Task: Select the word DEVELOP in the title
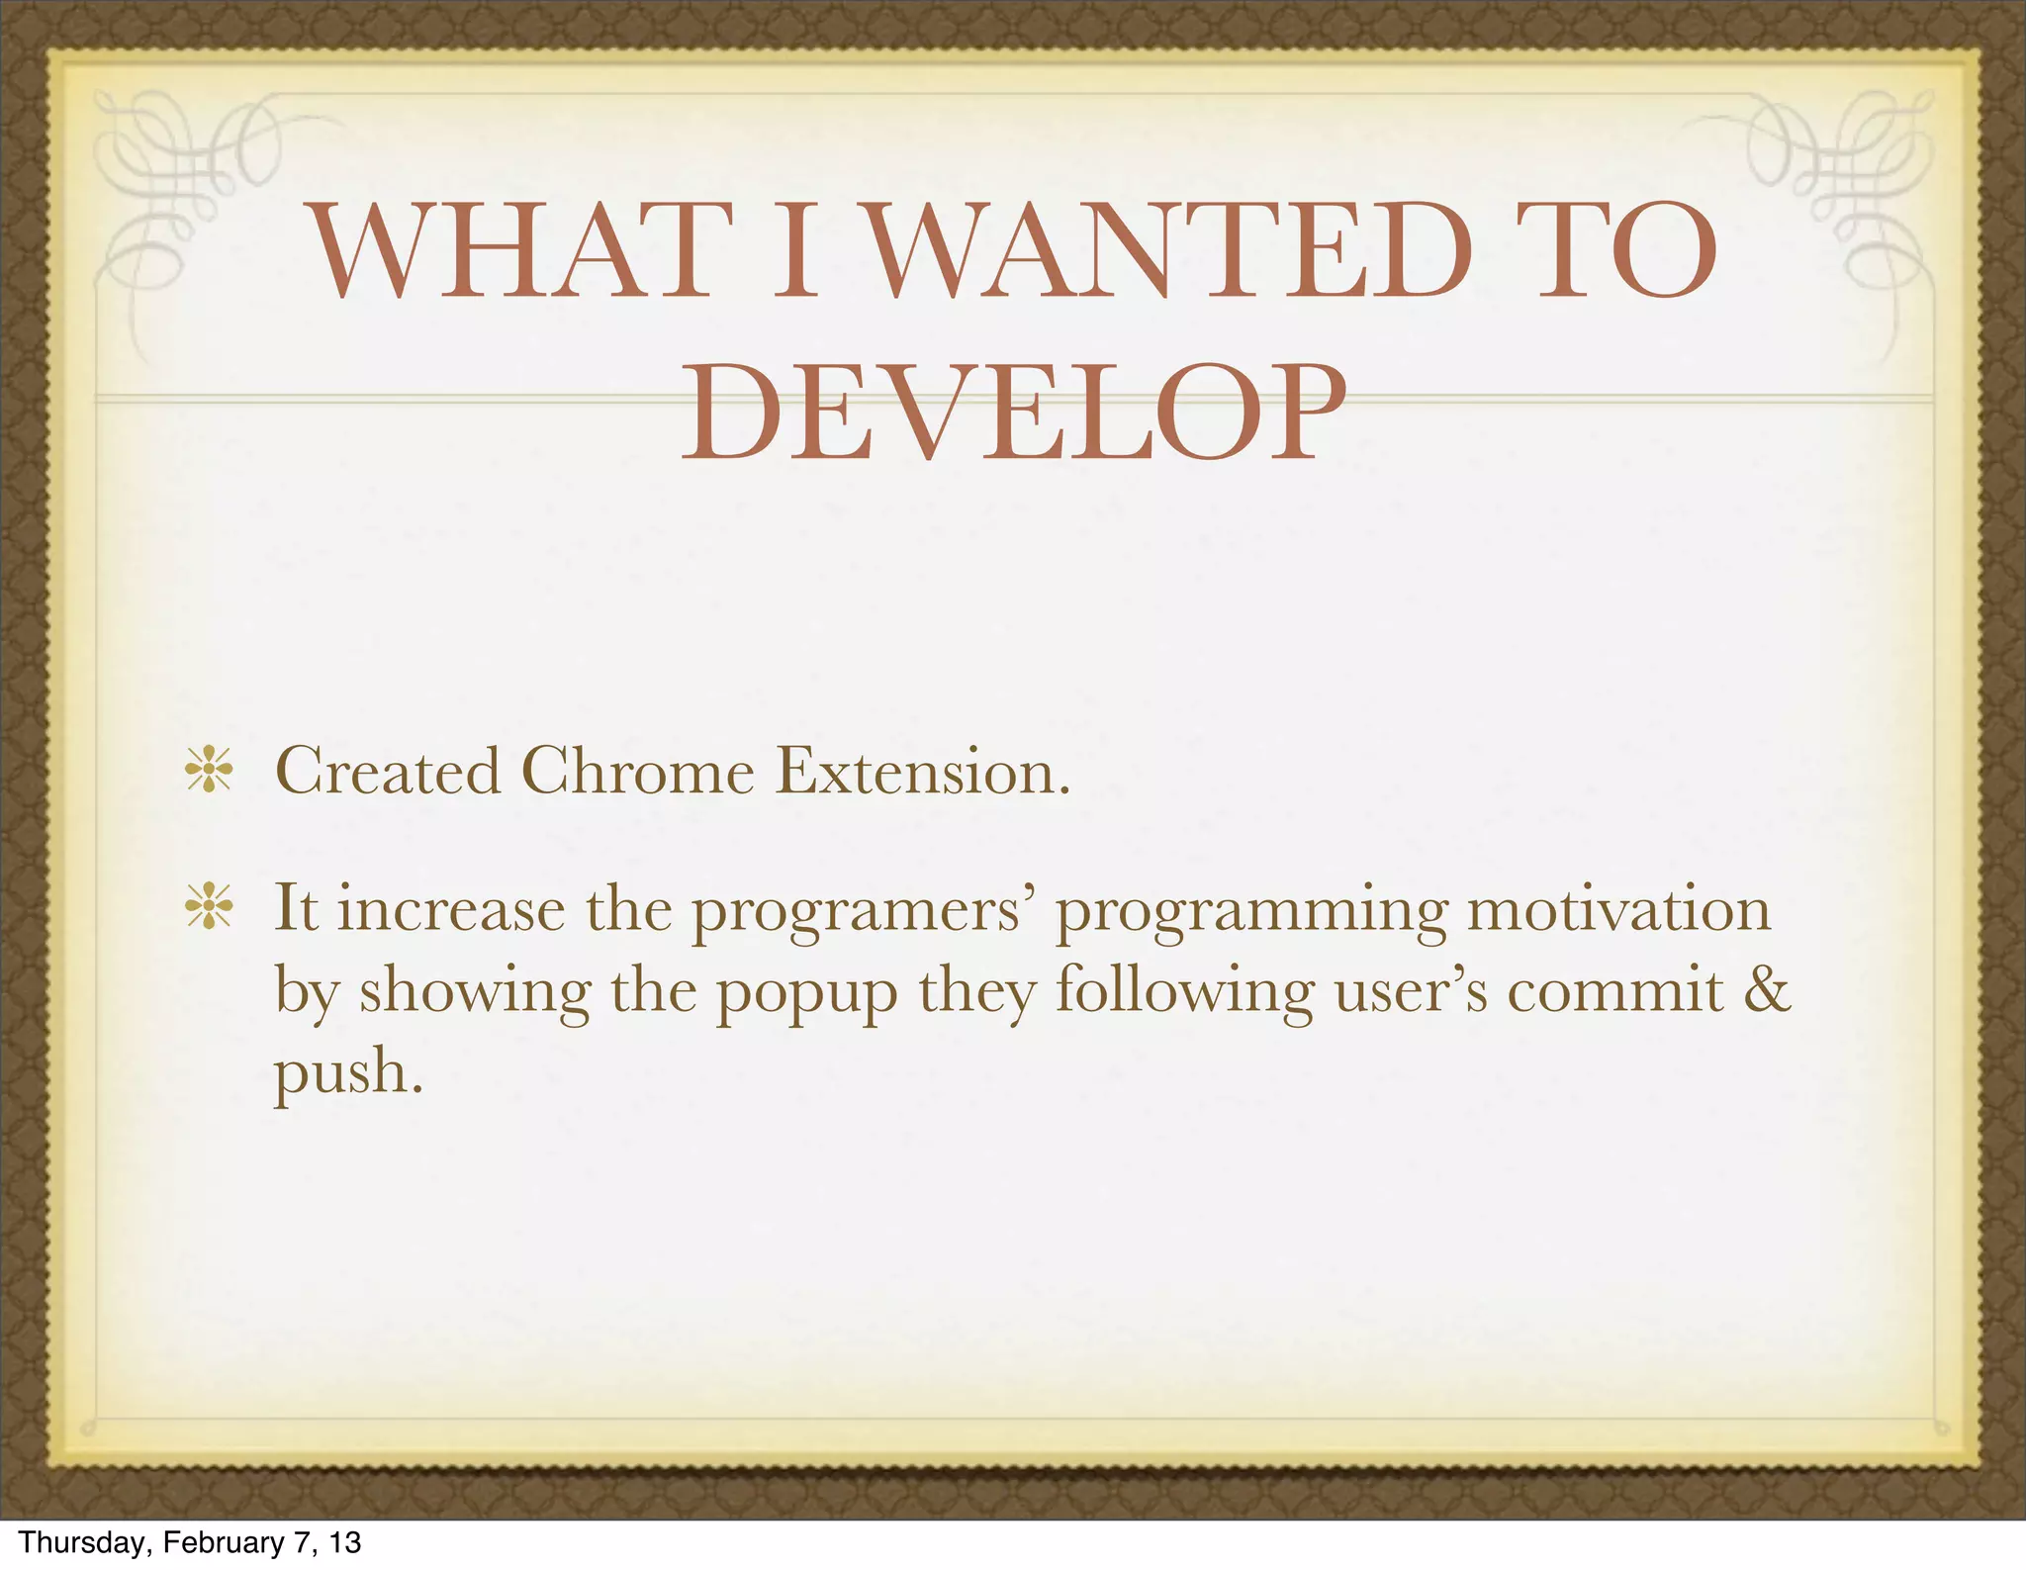pos(1013,413)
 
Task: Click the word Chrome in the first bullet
pos(638,771)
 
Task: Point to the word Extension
pos(922,771)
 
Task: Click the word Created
pos(387,771)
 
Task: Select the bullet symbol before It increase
pos(209,907)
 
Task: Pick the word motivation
pos(1618,908)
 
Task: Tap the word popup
pos(806,992)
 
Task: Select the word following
pos(1184,991)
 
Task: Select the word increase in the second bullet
pos(451,908)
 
